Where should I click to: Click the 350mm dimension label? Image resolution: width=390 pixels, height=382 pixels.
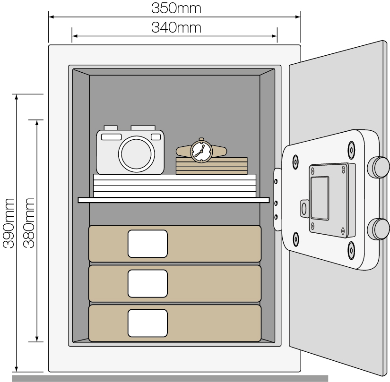pos(176,8)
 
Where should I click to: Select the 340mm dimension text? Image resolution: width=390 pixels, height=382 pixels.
pos(176,27)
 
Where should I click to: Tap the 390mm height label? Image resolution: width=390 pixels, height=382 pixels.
pos(8,223)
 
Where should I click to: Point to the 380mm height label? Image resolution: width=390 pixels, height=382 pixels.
pos(28,223)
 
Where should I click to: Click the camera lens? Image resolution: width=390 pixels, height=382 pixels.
pos(136,154)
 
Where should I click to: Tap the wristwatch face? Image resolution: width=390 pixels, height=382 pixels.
pos(201,151)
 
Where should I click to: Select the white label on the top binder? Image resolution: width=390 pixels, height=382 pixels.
pos(147,244)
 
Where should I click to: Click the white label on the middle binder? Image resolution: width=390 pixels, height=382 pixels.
pos(147,283)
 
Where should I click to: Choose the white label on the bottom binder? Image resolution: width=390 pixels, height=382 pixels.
pos(147,323)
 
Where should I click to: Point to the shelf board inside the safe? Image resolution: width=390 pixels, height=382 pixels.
pos(173,200)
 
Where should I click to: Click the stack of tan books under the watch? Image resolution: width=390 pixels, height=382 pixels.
pos(212,166)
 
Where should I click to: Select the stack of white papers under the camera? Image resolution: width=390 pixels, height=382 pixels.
pos(174,186)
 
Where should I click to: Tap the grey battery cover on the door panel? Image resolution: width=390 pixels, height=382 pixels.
pos(320,198)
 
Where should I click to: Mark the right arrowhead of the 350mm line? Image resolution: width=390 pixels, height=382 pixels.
pos(298,17)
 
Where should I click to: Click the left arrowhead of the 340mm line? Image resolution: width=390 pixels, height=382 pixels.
pos(75,36)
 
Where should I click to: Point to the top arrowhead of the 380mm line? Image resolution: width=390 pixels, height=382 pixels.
pos(37,123)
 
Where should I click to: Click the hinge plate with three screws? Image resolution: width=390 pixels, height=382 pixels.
pos(277,199)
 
